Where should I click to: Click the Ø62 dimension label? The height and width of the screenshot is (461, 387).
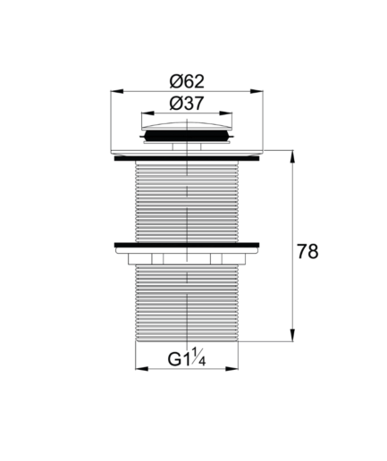187,81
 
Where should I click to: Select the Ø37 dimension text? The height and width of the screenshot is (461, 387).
187,104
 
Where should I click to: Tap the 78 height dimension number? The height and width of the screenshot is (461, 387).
307,252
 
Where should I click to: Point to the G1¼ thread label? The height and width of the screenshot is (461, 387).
187,357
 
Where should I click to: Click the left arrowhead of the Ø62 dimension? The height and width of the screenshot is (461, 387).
117,91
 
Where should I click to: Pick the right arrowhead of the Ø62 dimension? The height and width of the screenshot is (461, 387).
257,91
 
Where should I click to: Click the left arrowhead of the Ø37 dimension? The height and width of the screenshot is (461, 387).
147,113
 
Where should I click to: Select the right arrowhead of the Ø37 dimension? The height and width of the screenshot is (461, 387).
225,113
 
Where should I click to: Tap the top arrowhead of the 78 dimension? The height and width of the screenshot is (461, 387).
292,156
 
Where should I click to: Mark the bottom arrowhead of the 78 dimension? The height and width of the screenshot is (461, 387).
292,335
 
